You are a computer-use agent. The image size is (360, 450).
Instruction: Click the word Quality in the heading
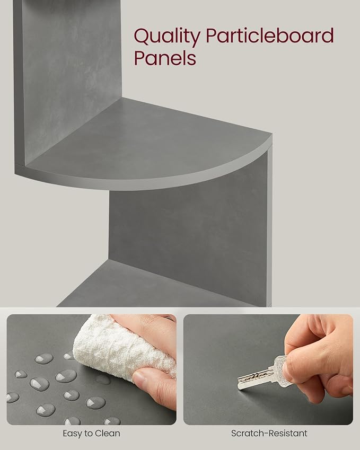point(167,37)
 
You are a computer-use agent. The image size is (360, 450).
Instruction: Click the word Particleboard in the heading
point(270,36)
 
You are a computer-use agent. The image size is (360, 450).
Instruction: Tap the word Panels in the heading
point(165,58)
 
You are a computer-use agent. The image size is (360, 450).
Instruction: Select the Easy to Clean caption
point(91,434)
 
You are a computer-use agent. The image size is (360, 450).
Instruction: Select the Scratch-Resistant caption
point(269,434)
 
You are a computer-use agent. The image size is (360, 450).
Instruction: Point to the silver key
point(262,372)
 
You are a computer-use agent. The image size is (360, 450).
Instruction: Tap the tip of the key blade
point(239,387)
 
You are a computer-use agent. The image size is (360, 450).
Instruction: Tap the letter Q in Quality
point(142,37)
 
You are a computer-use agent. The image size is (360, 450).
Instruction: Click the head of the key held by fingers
point(280,366)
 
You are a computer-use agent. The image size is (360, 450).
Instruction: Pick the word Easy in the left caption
point(72,434)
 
